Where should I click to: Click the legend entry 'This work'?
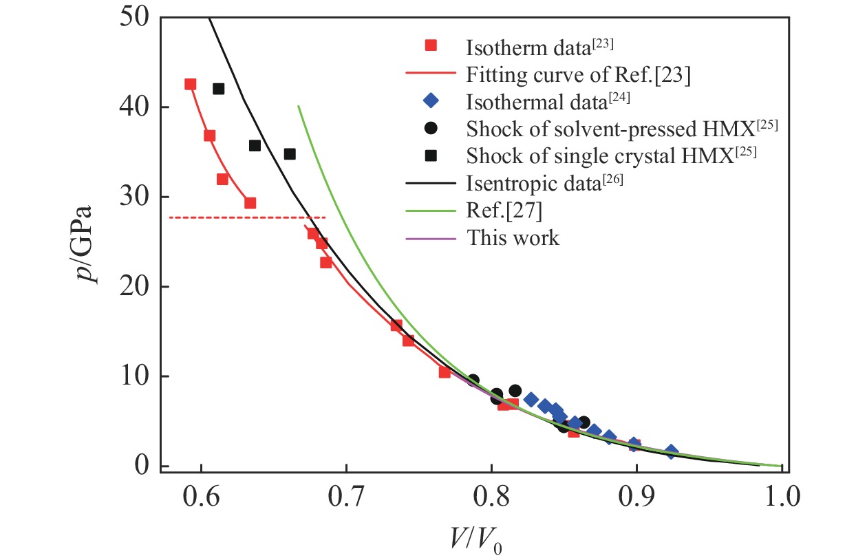tap(513, 238)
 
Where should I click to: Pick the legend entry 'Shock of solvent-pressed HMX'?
tap(612, 129)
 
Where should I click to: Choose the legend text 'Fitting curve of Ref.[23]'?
tap(578, 74)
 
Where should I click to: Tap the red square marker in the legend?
tap(430, 47)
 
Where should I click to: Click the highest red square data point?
tap(191, 85)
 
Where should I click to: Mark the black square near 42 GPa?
tap(219, 89)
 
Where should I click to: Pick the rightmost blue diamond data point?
tap(671, 452)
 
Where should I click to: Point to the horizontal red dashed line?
tap(247, 217)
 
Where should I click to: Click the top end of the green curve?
tap(298, 106)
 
